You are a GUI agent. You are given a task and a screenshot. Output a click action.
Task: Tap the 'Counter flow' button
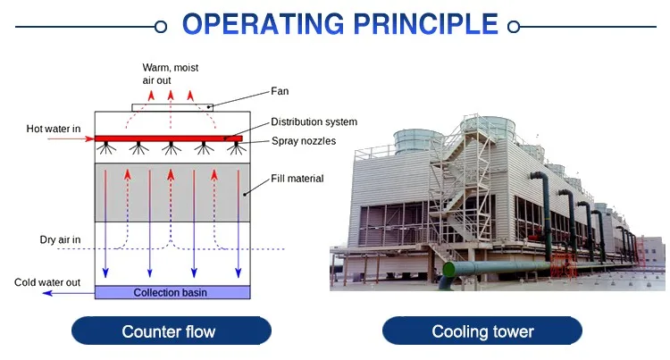(x=169, y=332)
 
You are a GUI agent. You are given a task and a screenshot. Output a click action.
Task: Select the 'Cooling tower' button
(x=482, y=332)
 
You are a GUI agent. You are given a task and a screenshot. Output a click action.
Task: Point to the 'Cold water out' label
(x=47, y=282)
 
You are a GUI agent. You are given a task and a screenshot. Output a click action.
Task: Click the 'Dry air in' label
(x=60, y=239)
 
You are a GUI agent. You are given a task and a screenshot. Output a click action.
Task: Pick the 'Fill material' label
(x=297, y=179)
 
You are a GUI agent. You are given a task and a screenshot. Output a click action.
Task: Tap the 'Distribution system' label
(x=314, y=121)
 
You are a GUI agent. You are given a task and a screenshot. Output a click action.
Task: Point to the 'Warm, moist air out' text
(x=167, y=73)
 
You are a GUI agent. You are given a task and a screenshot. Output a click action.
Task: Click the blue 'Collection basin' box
(x=172, y=292)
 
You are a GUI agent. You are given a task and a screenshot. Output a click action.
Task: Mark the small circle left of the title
(x=161, y=27)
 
